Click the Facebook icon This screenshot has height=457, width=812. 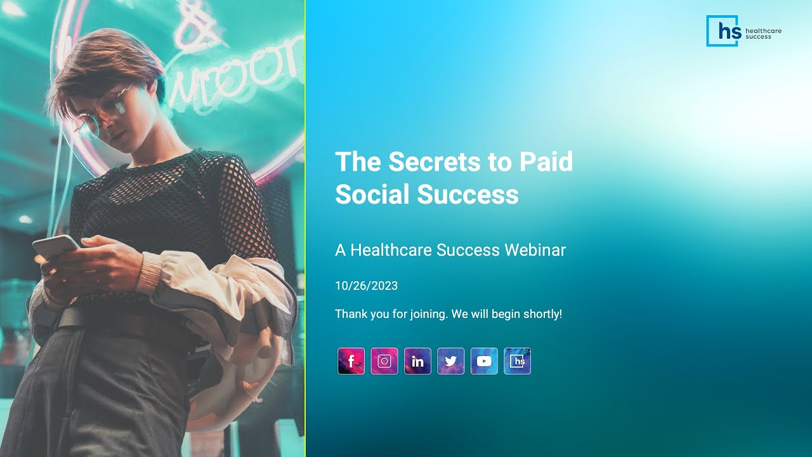click(x=351, y=361)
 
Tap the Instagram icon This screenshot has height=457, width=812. click(x=384, y=361)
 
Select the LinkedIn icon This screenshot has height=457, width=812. click(x=417, y=361)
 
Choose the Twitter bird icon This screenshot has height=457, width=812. click(x=450, y=361)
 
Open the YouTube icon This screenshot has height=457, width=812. click(x=484, y=361)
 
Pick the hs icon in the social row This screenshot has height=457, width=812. click(x=517, y=361)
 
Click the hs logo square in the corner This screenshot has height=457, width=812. click(x=723, y=30)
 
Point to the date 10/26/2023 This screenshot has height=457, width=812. click(x=366, y=286)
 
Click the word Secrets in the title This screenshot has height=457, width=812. click(x=435, y=162)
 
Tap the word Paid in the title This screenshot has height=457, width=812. click(x=546, y=162)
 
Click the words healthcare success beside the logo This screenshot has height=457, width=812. click(x=763, y=34)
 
